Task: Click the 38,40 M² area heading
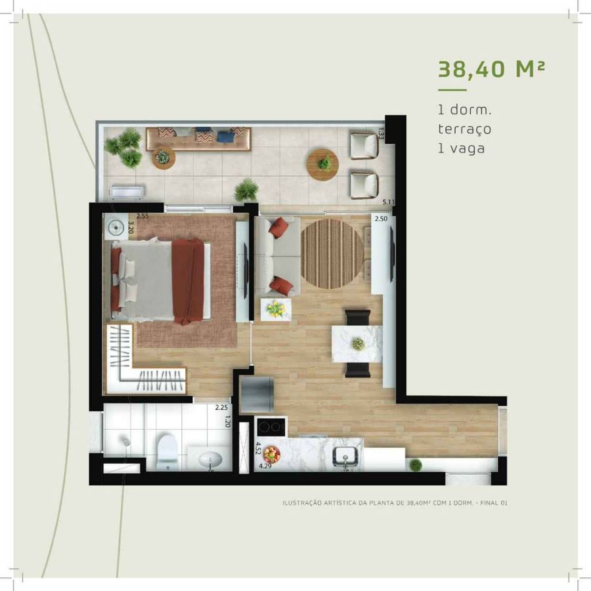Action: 491,70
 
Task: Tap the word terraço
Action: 465,129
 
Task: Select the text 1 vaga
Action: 462,148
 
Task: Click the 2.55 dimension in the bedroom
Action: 142,216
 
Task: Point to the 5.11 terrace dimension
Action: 388,202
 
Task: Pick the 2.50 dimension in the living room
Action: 381,219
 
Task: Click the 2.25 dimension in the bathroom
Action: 221,407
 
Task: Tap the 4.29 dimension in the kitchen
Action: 265,466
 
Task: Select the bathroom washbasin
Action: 210,460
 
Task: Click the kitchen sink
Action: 345,457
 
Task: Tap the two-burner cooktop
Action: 271,427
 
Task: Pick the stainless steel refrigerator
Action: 257,394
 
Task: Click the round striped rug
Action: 332,254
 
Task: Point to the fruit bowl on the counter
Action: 272,454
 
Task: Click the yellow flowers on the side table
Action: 276,309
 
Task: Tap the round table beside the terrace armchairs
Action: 322,165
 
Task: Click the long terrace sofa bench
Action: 198,139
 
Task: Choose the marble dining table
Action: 357,343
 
